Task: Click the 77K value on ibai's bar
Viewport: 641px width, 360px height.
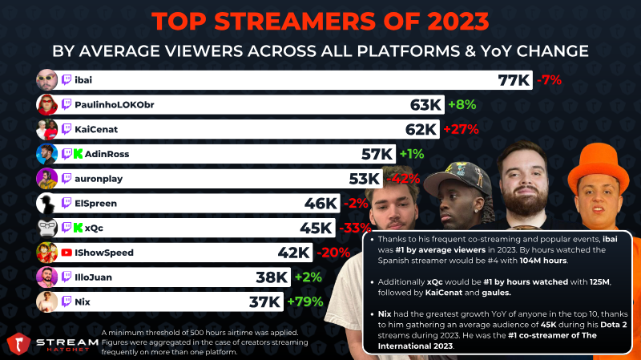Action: pyautogui.click(x=514, y=79)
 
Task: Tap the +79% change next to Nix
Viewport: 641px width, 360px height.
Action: pyautogui.click(x=305, y=302)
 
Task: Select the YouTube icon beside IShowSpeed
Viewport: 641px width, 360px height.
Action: pyautogui.click(x=67, y=253)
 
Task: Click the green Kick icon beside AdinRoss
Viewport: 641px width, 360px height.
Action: pyautogui.click(x=78, y=154)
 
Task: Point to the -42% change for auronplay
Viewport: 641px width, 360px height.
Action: pyautogui.click(x=403, y=179)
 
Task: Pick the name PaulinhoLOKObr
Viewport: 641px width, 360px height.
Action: pyautogui.click(x=115, y=105)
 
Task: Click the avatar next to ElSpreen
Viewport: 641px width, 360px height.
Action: pyautogui.click(x=46, y=204)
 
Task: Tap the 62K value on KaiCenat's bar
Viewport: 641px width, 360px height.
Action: pyautogui.click(x=421, y=129)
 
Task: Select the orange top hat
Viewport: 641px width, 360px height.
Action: pyautogui.click(x=599, y=167)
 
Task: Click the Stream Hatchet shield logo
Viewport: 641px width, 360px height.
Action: pyautogui.click(x=18, y=344)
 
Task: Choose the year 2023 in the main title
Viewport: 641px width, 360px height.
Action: pyautogui.click(x=458, y=22)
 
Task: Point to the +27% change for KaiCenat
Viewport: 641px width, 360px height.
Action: pyautogui.click(x=461, y=129)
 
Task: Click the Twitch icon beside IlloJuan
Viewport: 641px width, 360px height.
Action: pyautogui.click(x=67, y=277)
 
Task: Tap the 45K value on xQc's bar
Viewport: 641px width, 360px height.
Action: pyautogui.click(x=316, y=228)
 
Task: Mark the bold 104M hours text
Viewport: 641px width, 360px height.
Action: pyautogui.click(x=543, y=261)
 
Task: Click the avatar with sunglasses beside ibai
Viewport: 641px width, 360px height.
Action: pyautogui.click(x=46, y=79)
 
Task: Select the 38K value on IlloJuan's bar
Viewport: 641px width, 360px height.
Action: pyautogui.click(x=272, y=277)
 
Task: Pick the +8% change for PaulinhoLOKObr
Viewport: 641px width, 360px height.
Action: pyautogui.click(x=462, y=105)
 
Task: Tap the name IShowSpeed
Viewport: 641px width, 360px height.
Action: pyautogui.click(x=104, y=253)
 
